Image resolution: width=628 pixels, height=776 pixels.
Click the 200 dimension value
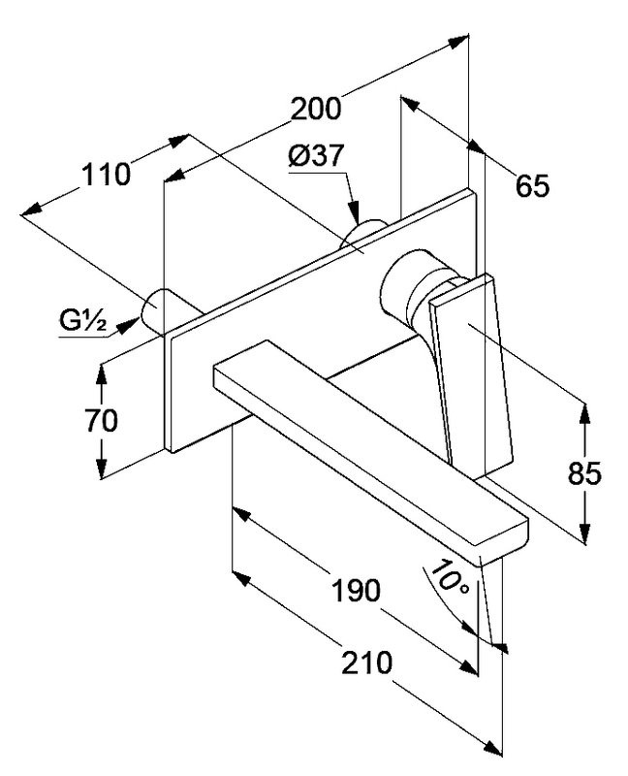coord(315,109)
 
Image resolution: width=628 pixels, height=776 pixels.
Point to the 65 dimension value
coord(532,184)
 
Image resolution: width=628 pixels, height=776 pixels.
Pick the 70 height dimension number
coord(101,421)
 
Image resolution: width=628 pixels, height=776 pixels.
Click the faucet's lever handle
coord(472,369)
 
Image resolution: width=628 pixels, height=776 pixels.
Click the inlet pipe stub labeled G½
coord(155,309)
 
